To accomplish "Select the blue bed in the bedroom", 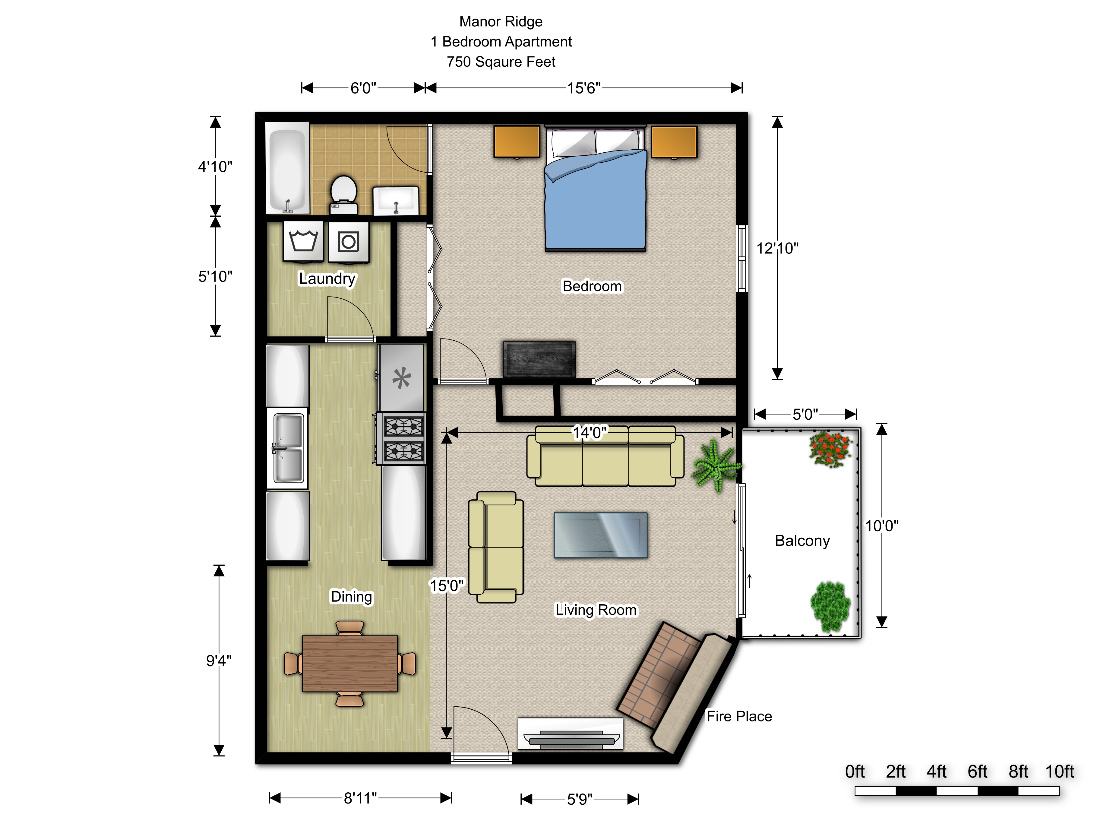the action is coord(596,188).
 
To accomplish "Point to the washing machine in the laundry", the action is coord(303,241).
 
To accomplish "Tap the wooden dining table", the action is coord(350,663).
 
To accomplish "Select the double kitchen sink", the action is coord(287,448).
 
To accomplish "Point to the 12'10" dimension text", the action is coord(777,248).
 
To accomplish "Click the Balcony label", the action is coord(802,541).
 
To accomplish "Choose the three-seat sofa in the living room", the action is coord(605,456).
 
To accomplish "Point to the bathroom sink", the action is coord(396,201).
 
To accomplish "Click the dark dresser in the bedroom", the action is coord(539,360).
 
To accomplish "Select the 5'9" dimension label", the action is coord(580,799).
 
